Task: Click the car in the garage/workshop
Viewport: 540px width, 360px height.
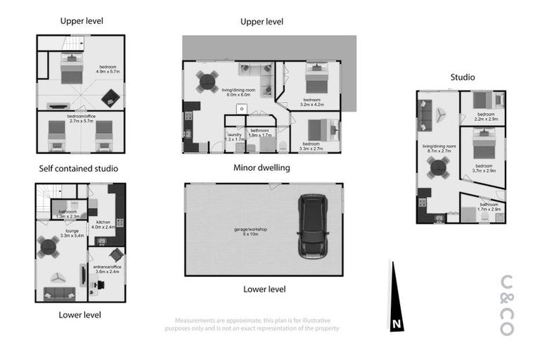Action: point(312,225)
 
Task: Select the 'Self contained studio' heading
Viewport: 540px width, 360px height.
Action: point(78,169)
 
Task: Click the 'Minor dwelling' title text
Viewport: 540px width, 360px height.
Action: point(262,168)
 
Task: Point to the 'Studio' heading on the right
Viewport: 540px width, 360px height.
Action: point(462,77)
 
